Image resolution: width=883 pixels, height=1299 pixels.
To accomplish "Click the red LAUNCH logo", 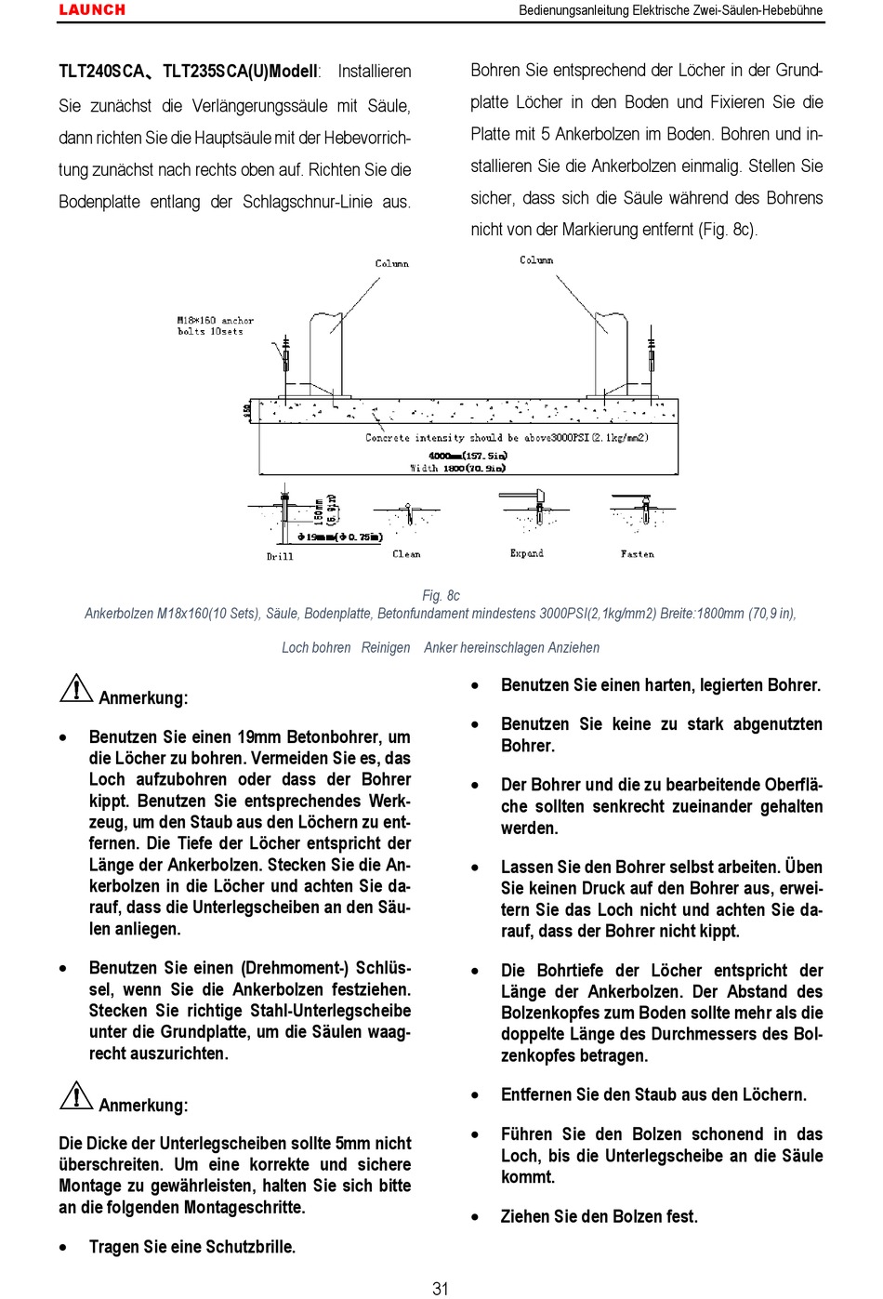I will click(92, 10).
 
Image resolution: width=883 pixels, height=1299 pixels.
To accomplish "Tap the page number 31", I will click(441, 1288).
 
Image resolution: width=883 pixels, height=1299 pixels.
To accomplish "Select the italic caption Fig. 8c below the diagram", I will click(441, 595).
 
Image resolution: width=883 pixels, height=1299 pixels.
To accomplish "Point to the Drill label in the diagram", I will click(280, 556).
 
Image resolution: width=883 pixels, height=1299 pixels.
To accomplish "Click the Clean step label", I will click(406, 554).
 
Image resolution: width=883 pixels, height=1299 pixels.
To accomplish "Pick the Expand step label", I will click(526, 553).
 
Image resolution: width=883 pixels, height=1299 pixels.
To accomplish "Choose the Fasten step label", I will click(637, 554).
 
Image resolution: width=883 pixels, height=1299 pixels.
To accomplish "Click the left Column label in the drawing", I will click(391, 263).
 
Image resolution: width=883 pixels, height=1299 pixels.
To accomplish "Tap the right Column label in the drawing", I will click(536, 260).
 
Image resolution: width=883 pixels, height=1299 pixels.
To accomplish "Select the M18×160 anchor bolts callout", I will click(215, 325).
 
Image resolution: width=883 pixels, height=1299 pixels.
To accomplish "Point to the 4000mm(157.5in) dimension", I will click(468, 456).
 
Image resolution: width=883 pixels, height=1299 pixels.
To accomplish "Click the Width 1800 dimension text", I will click(458, 468).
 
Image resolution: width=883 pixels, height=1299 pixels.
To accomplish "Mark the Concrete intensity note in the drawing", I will click(507, 437).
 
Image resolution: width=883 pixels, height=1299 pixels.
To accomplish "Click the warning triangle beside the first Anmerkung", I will click(75, 689).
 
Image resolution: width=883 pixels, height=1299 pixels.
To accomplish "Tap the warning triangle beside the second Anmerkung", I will click(75, 1096).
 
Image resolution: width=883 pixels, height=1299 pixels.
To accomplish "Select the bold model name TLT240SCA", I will click(101, 72).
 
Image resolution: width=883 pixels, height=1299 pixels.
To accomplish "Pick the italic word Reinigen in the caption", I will click(386, 647).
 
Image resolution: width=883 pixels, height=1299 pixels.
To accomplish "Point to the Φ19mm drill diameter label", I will click(340, 537).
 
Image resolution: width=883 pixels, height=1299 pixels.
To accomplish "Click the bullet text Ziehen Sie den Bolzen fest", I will click(599, 1216).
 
